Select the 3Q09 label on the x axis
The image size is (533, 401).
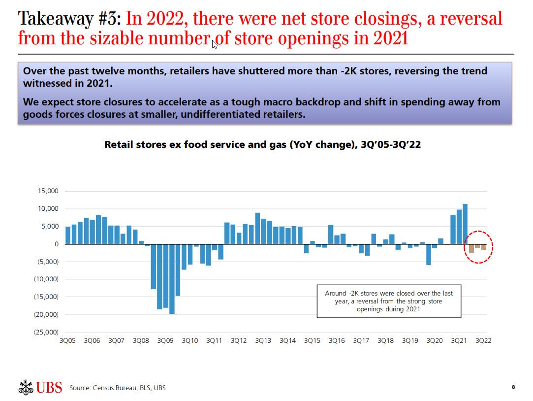(165, 341)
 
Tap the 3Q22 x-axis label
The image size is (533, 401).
(483, 341)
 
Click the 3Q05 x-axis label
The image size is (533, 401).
(67, 341)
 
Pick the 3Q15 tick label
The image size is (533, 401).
(312, 341)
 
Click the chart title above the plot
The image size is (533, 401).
(262, 145)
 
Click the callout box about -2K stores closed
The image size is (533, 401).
(389, 301)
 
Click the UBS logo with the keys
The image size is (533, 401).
(40, 387)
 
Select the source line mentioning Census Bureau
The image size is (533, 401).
(117, 388)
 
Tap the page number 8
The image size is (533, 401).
(513, 387)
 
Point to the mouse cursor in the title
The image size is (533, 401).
(215, 44)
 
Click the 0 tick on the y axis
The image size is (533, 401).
(56, 244)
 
